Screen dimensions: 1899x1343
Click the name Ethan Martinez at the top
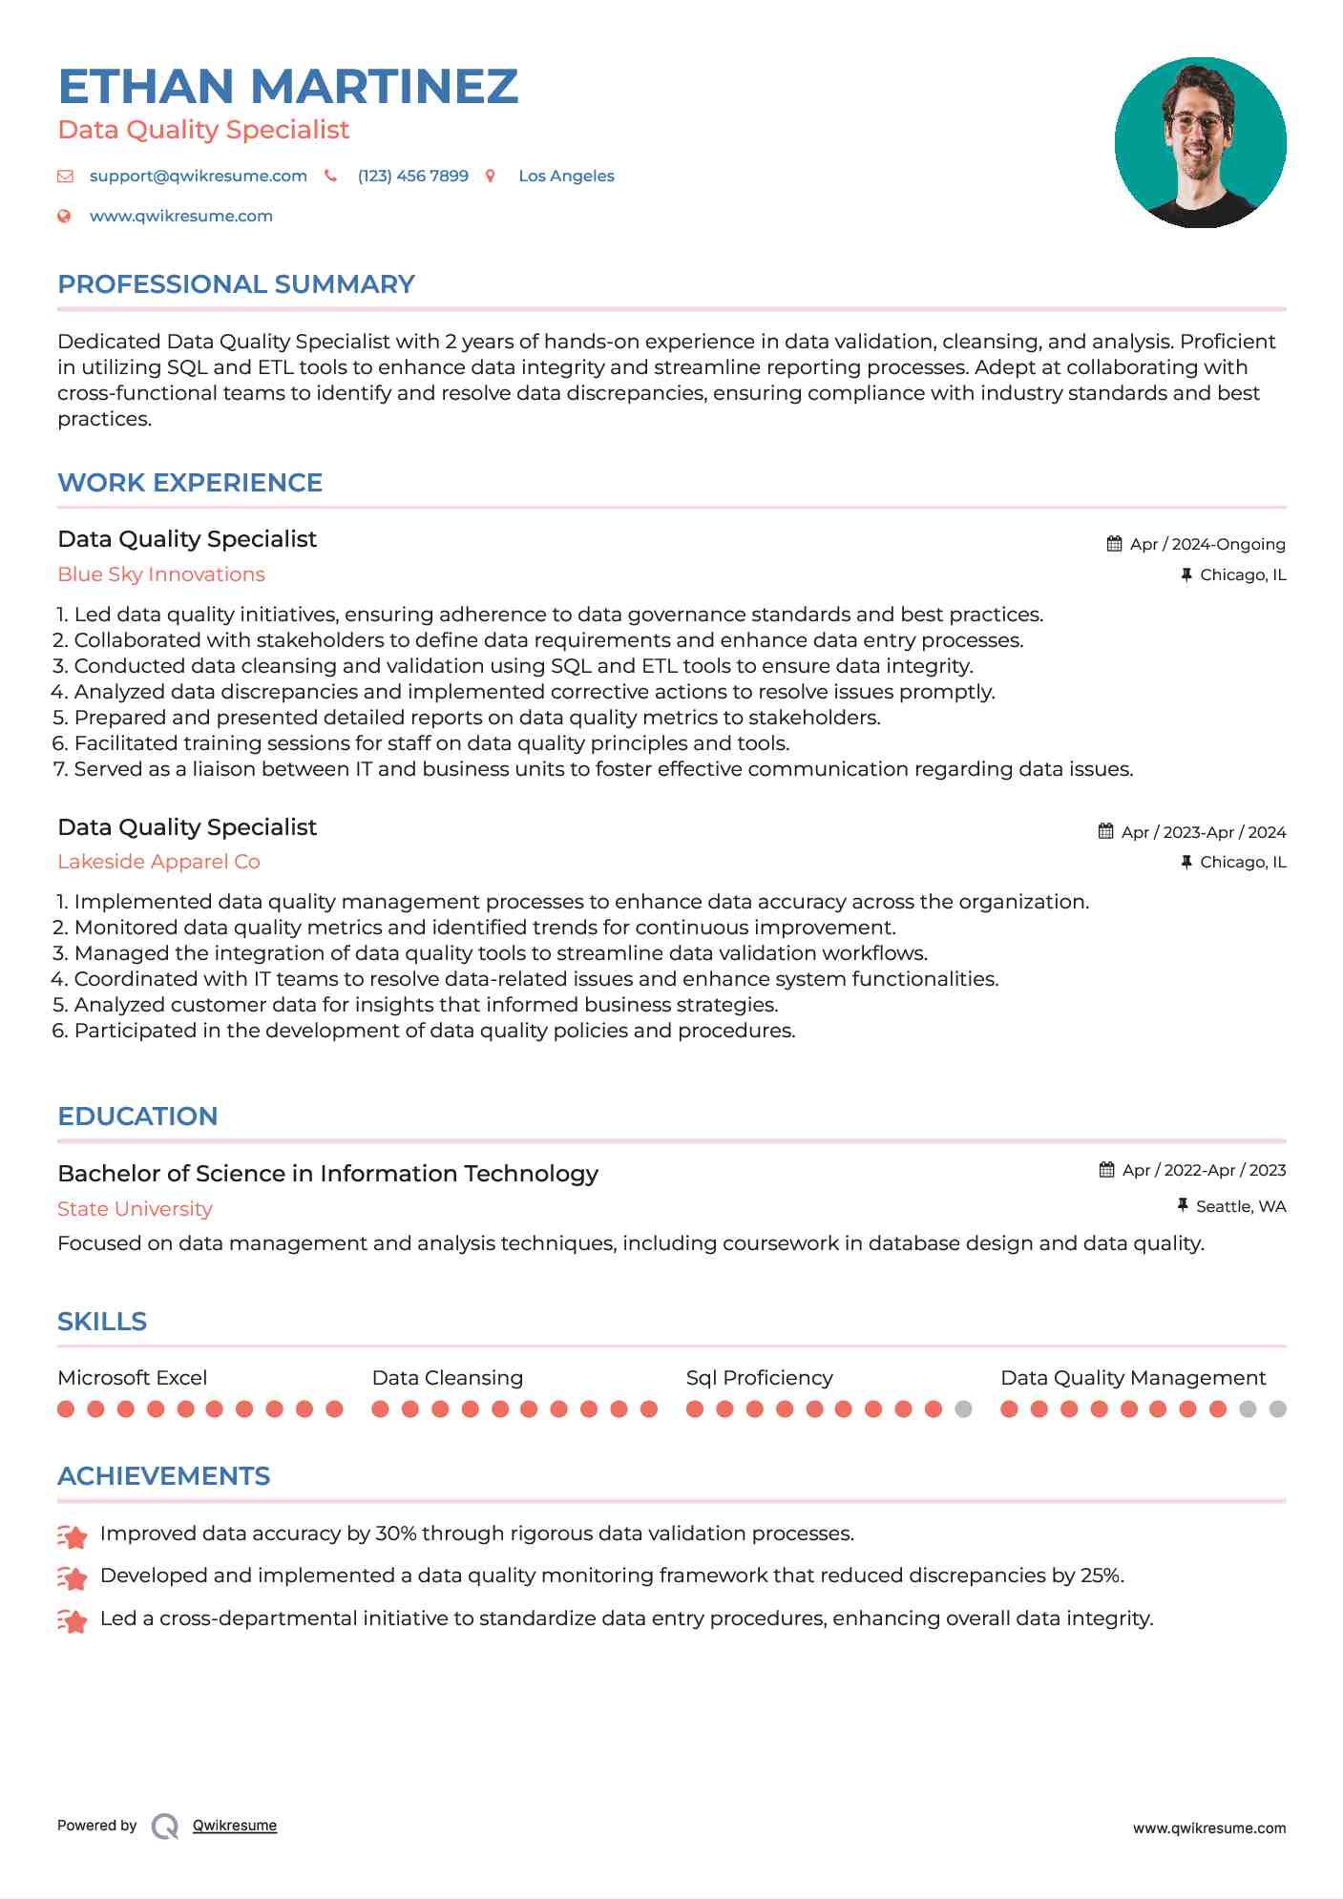pyautogui.click(x=287, y=87)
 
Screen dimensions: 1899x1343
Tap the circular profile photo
pyautogui.click(x=1200, y=142)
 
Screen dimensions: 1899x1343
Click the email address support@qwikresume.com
pyautogui.click(x=198, y=177)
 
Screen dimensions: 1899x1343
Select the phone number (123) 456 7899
pyautogui.click(x=412, y=177)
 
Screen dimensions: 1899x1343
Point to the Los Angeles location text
pyautogui.click(x=566, y=177)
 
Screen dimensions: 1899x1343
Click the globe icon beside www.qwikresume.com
pyautogui.click(x=64, y=217)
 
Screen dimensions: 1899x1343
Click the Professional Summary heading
pyautogui.click(x=236, y=284)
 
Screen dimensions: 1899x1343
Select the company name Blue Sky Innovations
pyautogui.click(x=161, y=574)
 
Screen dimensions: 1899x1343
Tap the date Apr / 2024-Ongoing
pyautogui.click(x=1207, y=545)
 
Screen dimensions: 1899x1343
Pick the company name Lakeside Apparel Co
pyautogui.click(x=158, y=862)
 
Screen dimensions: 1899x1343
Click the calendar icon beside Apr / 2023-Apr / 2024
pyautogui.click(x=1105, y=831)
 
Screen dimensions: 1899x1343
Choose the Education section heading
pyautogui.click(x=137, y=1116)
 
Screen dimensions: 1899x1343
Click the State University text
pyautogui.click(x=135, y=1209)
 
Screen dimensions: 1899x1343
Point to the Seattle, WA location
pyautogui.click(x=1241, y=1207)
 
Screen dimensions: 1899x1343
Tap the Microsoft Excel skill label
pyautogui.click(x=132, y=1378)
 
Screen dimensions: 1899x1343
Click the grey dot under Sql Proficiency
pyautogui.click(x=963, y=1409)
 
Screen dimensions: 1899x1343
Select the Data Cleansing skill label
pyautogui.click(x=447, y=1378)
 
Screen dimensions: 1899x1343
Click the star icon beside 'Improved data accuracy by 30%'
pyautogui.click(x=73, y=1535)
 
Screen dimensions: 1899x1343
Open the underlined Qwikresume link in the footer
pyautogui.click(x=235, y=1826)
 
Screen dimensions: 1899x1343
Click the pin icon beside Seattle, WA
pyautogui.click(x=1183, y=1206)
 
